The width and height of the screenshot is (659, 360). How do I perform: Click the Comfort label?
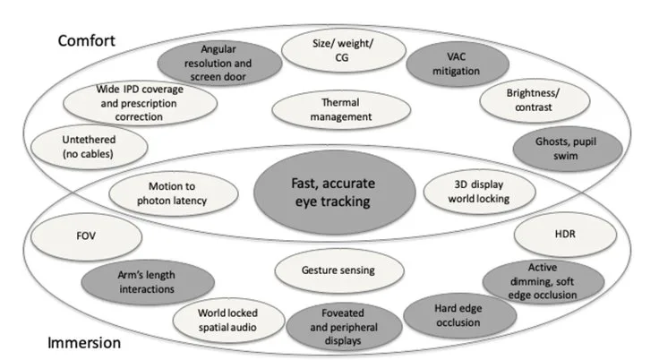pyautogui.click(x=86, y=41)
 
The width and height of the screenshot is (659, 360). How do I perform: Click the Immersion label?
pyautogui.click(x=84, y=343)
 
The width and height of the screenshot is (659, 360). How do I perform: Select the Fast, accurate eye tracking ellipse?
pyautogui.click(x=335, y=193)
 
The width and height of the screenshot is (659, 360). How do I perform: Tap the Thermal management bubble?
pyautogui.click(x=341, y=110)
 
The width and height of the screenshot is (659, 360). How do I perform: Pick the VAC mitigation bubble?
pyautogui.click(x=458, y=64)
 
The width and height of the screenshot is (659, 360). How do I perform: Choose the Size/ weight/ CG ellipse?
pyautogui.click(x=343, y=50)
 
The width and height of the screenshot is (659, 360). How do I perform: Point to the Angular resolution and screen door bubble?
pyautogui.click(x=219, y=63)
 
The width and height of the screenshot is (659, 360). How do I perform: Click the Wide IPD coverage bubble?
pyautogui.click(x=140, y=103)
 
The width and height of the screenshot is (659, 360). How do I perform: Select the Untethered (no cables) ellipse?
pyautogui.click(x=90, y=147)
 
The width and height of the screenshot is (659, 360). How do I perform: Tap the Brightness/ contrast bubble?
pyautogui.click(x=535, y=100)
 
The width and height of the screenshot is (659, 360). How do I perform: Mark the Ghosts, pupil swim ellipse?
pyautogui.click(x=568, y=149)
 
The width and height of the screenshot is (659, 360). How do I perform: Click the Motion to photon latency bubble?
pyautogui.click(x=173, y=193)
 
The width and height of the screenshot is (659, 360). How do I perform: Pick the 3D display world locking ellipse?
pyautogui.click(x=480, y=192)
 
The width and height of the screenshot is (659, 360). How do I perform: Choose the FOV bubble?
pyautogui.click(x=86, y=236)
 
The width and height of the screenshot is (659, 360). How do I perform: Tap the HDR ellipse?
pyautogui.click(x=565, y=235)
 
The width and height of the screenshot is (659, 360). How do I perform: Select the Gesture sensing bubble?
pyautogui.click(x=339, y=270)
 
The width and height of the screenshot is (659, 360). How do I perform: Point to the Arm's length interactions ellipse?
pyautogui.click(x=148, y=282)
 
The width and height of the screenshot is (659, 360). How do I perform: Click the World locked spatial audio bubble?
pyautogui.click(x=228, y=321)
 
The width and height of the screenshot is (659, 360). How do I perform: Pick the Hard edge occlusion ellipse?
pyautogui.click(x=459, y=316)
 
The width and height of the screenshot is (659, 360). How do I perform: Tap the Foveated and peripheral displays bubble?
pyautogui.click(x=344, y=327)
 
